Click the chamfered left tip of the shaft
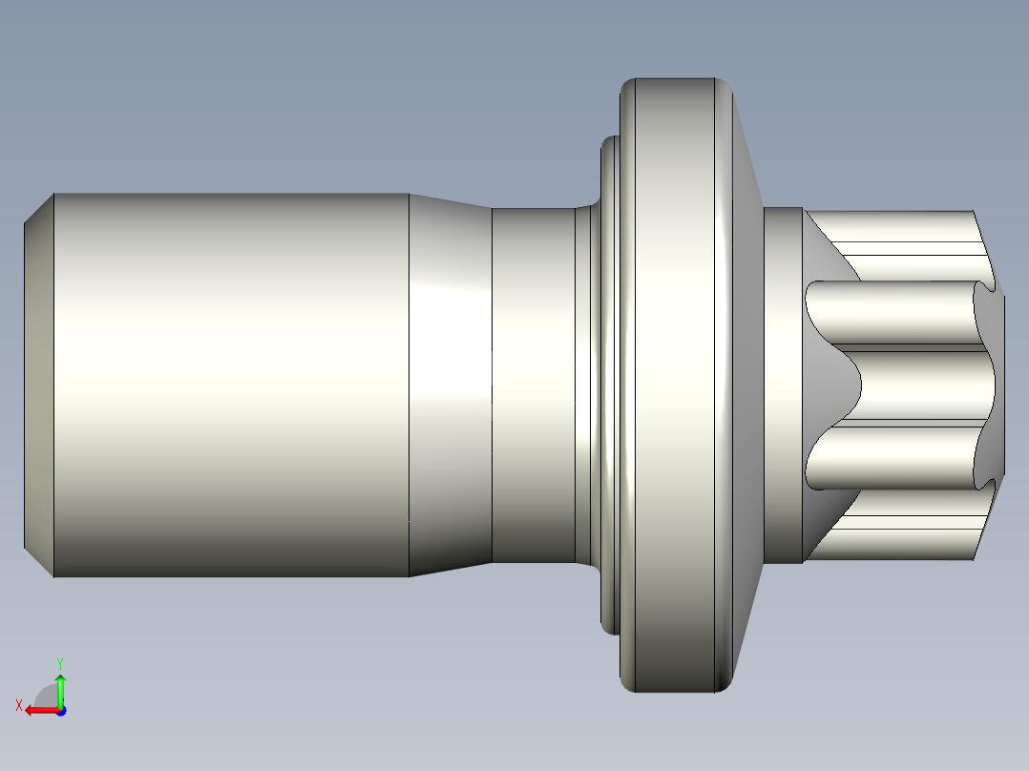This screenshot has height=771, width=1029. point(38,385)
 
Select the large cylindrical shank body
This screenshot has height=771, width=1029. point(229,385)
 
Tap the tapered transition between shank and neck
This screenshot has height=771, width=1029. point(450,385)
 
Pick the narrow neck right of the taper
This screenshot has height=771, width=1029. point(533,385)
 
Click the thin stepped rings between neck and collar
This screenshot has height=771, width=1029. point(583,385)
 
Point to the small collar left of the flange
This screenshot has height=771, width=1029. point(608,385)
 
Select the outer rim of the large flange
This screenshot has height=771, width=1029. point(668,385)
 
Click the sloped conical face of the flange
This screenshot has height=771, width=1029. point(749,385)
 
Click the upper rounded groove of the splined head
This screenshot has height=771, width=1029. point(888,312)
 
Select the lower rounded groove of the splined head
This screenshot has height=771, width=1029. point(888,458)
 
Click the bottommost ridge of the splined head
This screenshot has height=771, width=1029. point(897,544)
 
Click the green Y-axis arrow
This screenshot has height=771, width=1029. point(60,687)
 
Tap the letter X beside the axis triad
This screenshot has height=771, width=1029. point(18,705)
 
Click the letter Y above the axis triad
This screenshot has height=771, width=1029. point(60,662)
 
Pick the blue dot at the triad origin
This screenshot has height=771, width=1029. point(60,710)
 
